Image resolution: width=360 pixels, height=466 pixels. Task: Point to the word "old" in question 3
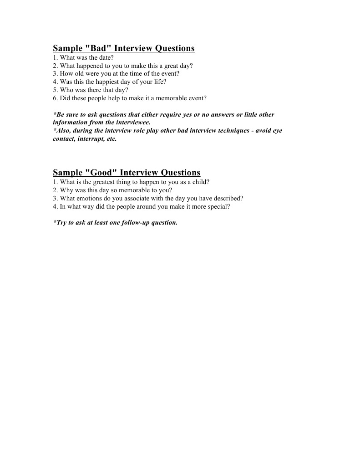[x=80, y=74]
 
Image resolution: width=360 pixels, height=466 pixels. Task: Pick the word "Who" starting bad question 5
[x=66, y=90]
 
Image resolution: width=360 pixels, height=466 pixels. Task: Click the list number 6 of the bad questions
[x=55, y=98]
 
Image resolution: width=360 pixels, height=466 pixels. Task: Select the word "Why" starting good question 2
[x=66, y=190]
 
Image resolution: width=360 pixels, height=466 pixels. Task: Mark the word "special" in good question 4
[x=218, y=206]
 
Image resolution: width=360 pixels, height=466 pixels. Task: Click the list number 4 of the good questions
[x=55, y=206]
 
